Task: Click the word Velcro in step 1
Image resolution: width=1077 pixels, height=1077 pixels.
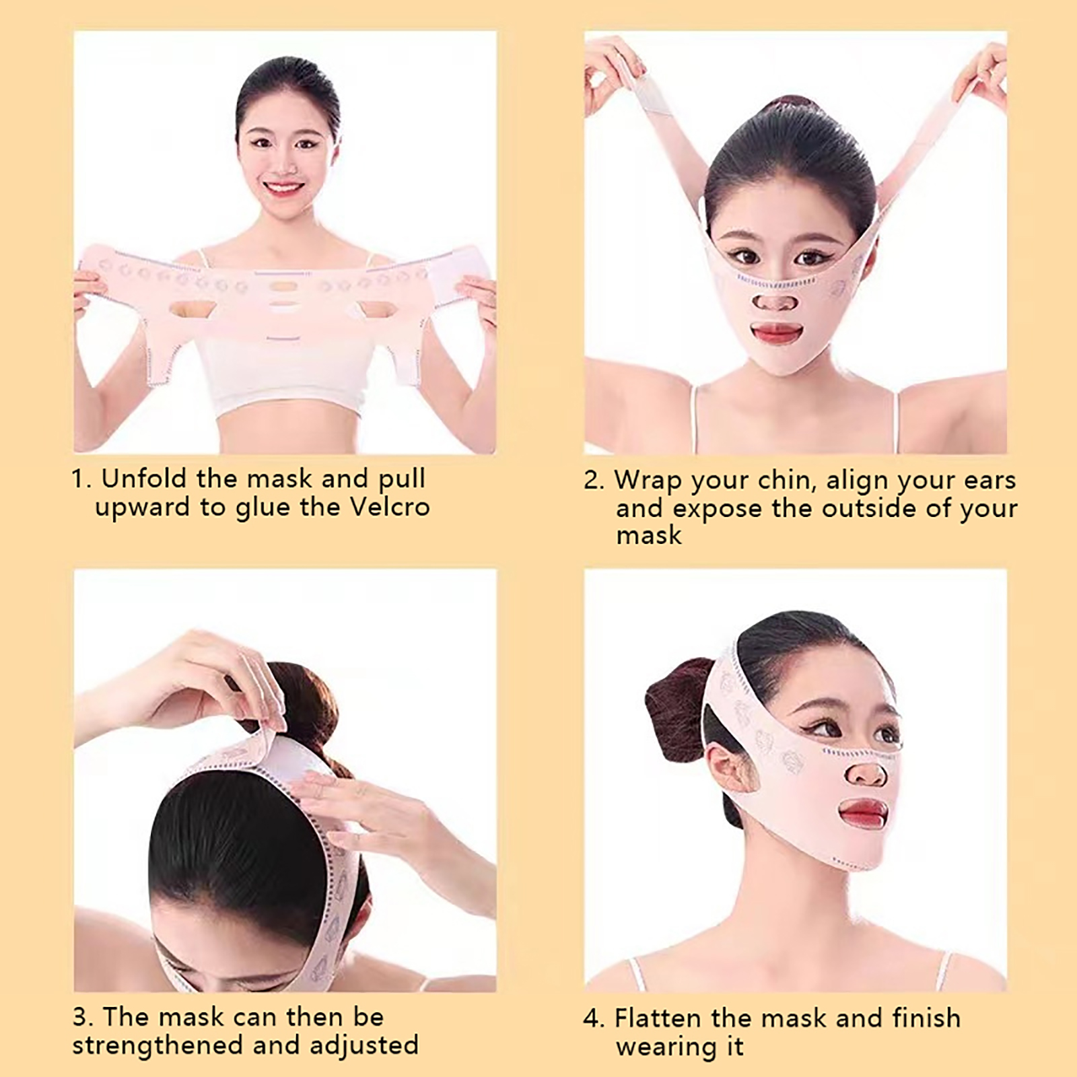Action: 390,507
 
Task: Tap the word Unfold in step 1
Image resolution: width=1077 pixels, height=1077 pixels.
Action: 143,479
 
